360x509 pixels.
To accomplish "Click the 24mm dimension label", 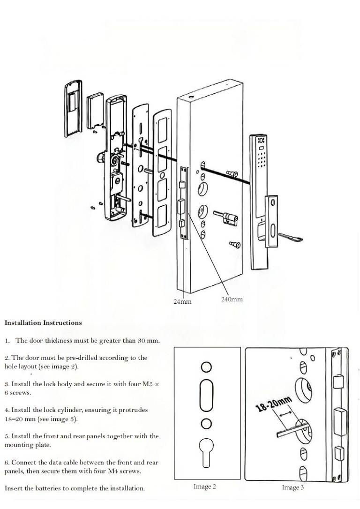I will (x=182, y=301).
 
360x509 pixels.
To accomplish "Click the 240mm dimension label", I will (x=232, y=299).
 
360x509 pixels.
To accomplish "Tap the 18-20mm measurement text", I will (x=273, y=403).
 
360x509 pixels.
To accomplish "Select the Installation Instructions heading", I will (x=43, y=322).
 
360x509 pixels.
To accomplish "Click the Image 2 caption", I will (x=205, y=487).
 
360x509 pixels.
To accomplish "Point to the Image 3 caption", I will (x=292, y=487).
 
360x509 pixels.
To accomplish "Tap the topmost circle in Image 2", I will (x=206, y=366).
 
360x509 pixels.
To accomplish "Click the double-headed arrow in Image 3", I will (x=285, y=415).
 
